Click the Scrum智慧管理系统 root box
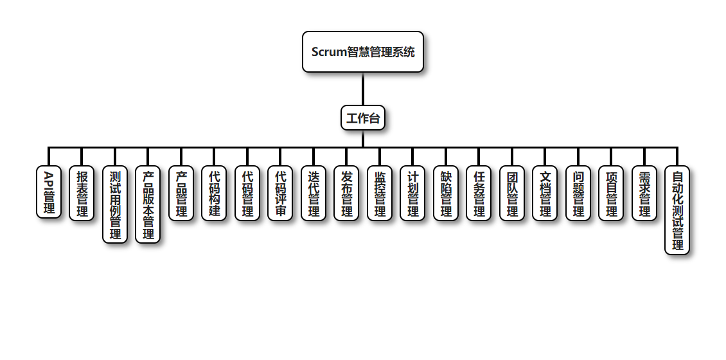363,52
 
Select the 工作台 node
363,118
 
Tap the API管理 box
49,192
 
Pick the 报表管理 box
82,193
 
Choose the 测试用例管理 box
115,204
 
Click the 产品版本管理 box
148,204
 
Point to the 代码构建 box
214,193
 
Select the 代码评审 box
280,193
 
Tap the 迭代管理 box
314,193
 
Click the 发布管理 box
346,193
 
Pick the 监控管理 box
380,193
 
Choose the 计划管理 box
412,193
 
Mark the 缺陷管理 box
446,193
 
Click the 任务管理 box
479,193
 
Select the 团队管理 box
512,193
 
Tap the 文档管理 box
545,193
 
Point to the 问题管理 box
578,193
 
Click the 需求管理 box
644,193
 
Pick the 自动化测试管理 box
677,210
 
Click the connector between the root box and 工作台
363,89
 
